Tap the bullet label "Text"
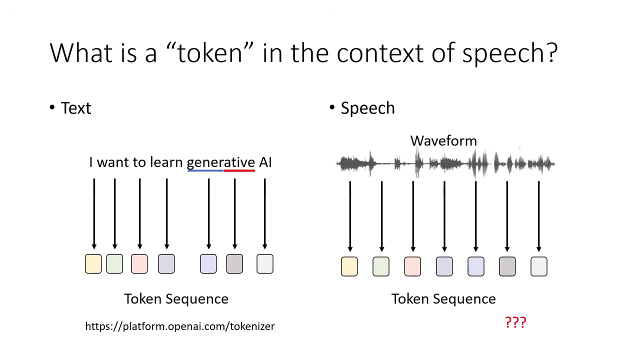75,108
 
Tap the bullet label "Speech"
367,108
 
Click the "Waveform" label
443,140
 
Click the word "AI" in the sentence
265,162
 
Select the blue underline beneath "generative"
205,171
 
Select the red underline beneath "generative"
239,171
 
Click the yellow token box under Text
93,264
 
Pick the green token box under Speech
381,266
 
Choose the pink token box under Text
139,264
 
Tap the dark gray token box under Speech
507,266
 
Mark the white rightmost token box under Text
265,264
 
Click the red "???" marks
515,322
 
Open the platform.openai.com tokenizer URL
180,326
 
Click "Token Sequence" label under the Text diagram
176,299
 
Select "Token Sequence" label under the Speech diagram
443,299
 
